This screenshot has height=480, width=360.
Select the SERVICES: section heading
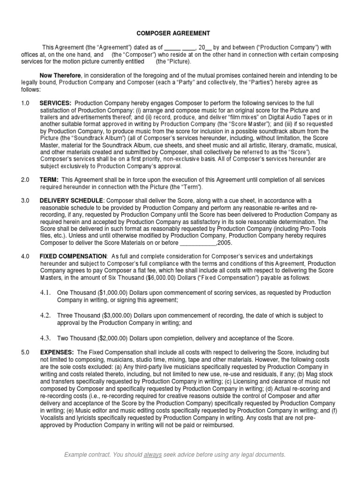coord(55,103)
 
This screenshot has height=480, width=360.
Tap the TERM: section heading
coord(49,180)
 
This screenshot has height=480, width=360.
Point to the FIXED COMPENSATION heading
coord(73,256)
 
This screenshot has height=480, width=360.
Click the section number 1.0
coord(25,103)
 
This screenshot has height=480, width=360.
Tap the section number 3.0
coord(25,200)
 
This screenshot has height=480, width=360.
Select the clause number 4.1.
coord(45,292)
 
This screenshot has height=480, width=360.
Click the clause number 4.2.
coord(45,315)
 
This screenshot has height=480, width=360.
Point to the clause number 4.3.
coord(45,338)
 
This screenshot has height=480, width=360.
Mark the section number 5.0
coord(25,351)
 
